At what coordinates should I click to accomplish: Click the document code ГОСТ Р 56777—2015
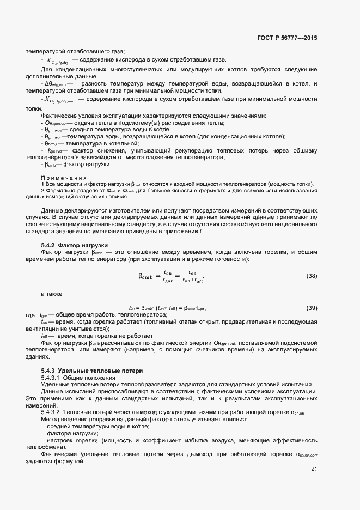(286, 38)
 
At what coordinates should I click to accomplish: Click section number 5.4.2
(48, 246)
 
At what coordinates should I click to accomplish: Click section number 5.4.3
(48, 371)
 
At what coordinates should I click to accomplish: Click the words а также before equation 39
(52, 294)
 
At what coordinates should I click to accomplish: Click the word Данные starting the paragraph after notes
(52, 210)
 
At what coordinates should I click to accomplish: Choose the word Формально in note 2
(59, 190)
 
